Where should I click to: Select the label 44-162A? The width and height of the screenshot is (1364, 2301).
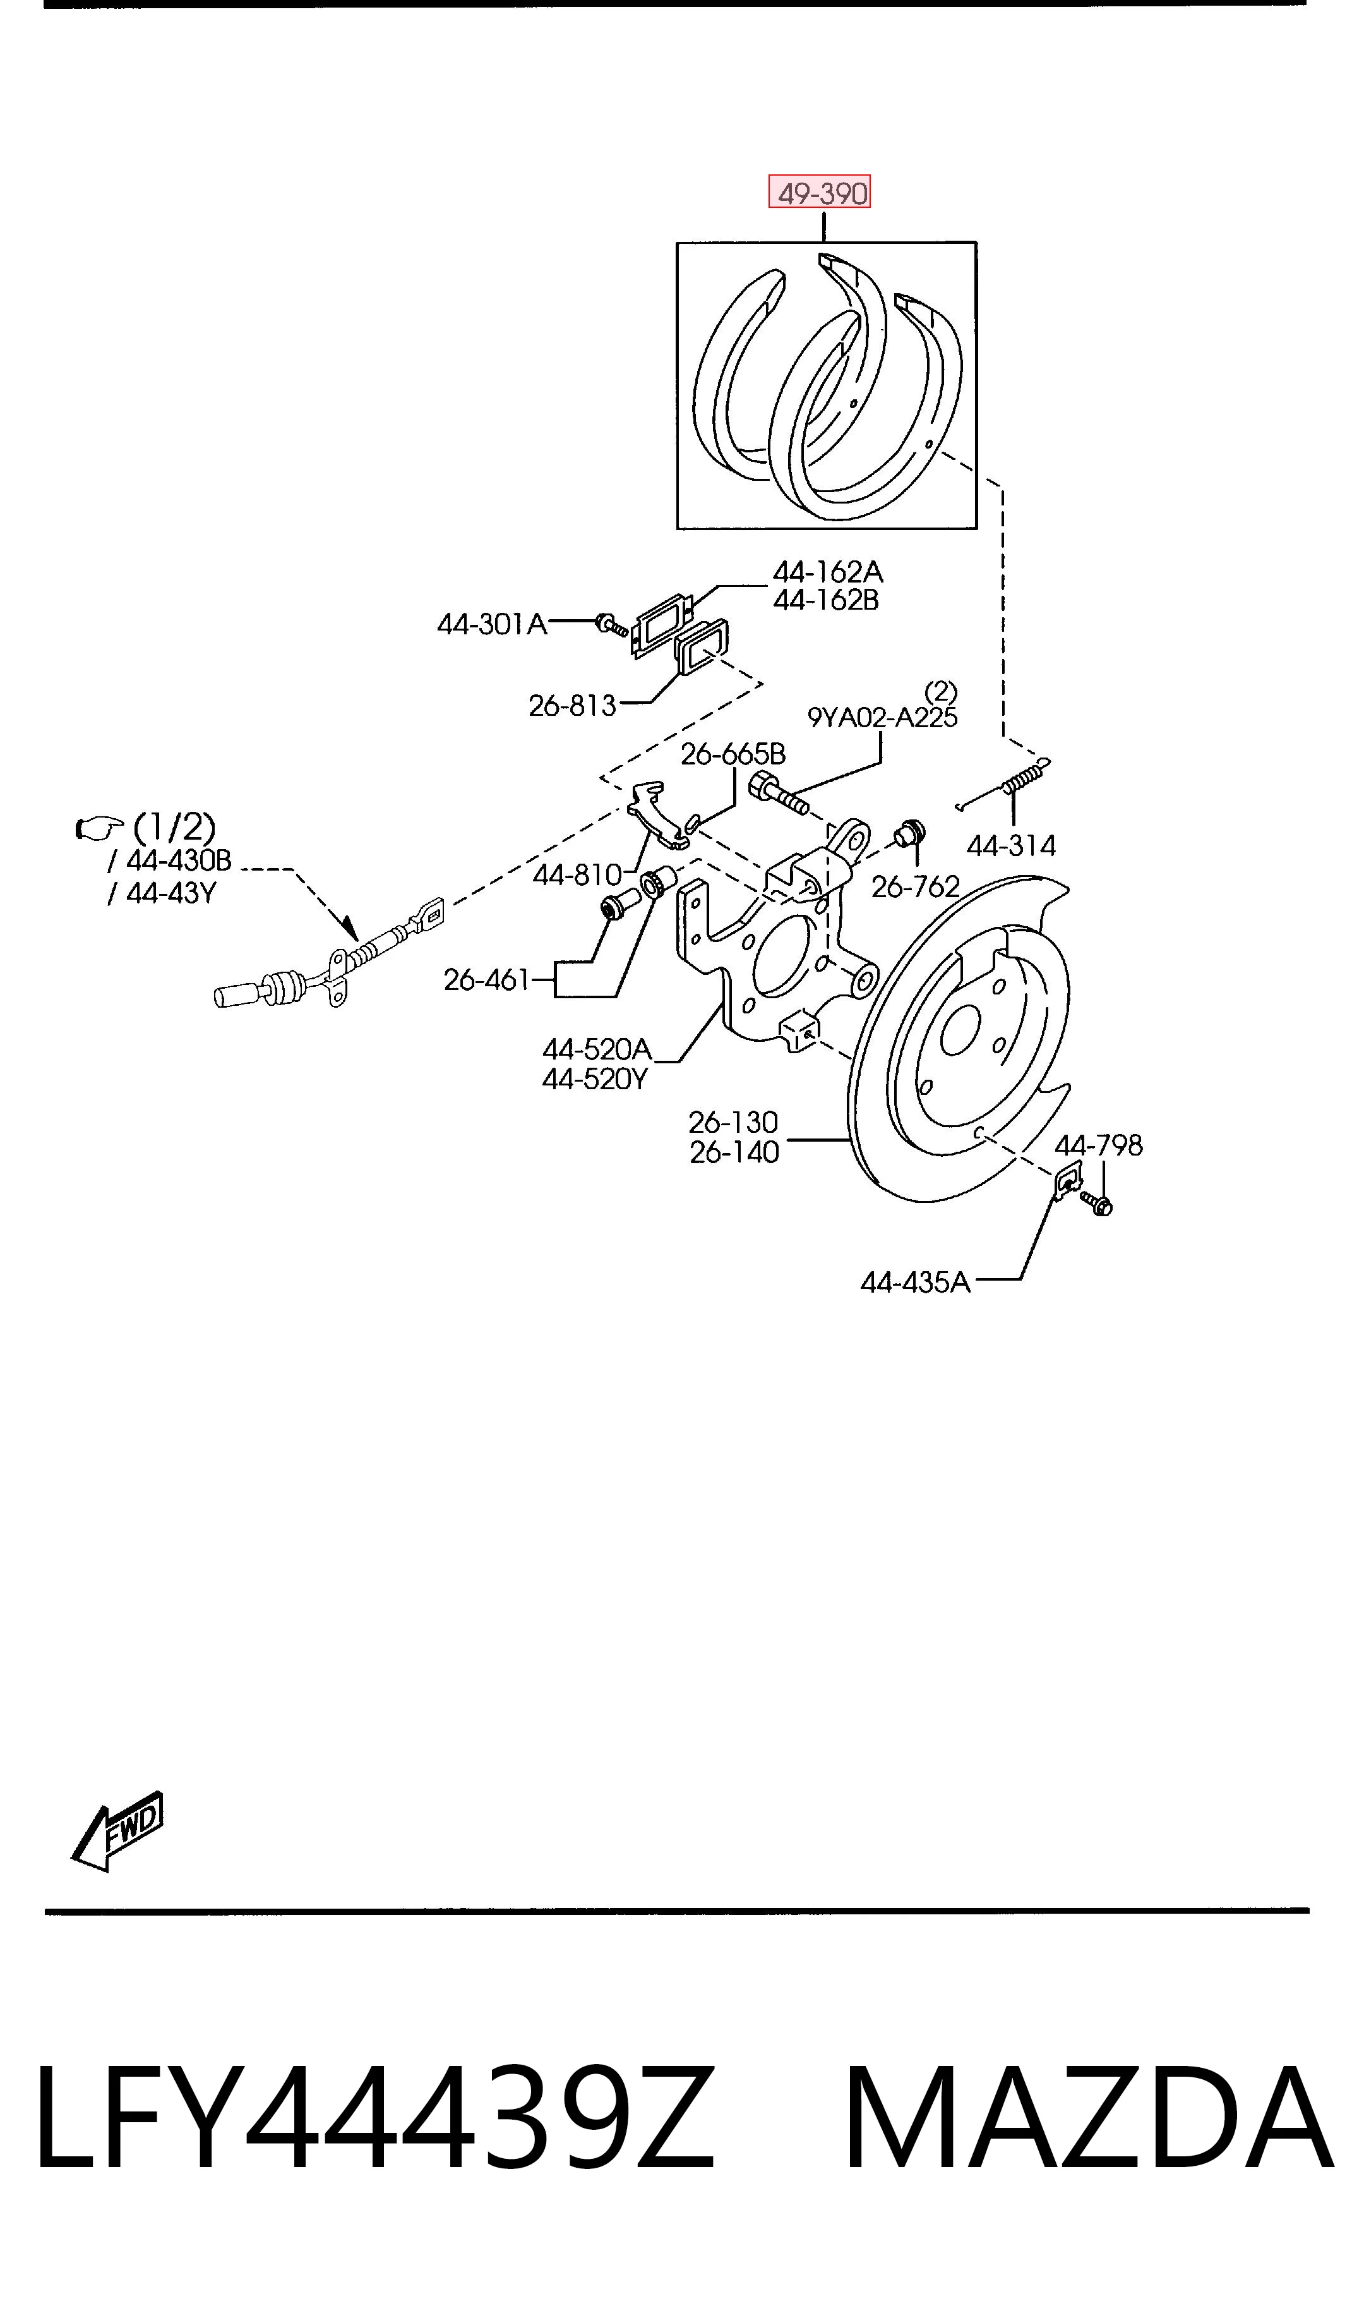coord(827,572)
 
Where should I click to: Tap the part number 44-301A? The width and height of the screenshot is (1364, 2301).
coord(492,624)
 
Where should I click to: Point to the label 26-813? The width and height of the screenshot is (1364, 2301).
coord(571,705)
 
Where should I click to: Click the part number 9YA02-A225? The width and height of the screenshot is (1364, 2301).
coord(882,717)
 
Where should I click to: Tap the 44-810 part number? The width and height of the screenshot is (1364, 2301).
coord(577,874)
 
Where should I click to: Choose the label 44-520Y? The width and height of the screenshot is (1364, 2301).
coord(595,1078)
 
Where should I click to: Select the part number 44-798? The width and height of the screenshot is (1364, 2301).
coord(1098,1145)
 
